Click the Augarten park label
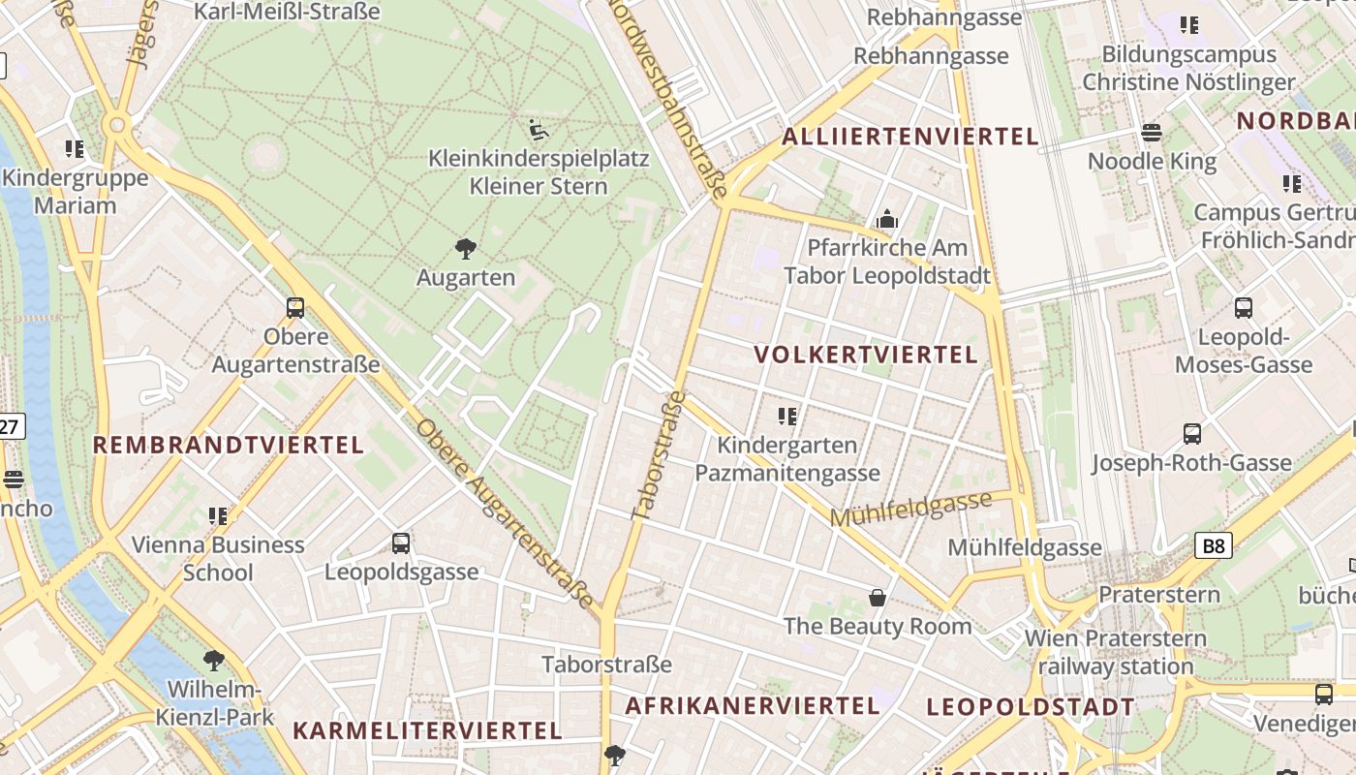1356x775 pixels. (x=465, y=278)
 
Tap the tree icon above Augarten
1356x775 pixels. (x=465, y=249)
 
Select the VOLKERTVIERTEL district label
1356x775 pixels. (x=866, y=355)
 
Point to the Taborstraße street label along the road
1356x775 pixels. (x=658, y=455)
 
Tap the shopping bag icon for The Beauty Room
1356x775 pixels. (x=878, y=598)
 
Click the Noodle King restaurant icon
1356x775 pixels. (x=1152, y=133)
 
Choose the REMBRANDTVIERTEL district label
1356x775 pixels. (x=228, y=446)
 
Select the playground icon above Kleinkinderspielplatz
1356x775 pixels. (x=539, y=130)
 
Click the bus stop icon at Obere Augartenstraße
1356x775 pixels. (x=295, y=308)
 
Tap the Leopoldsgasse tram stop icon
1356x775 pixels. (x=401, y=543)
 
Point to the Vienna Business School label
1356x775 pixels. (x=218, y=558)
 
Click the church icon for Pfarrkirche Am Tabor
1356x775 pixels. (x=886, y=220)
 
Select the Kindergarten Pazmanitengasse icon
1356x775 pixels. (x=787, y=417)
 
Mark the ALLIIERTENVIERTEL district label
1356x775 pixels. (x=909, y=137)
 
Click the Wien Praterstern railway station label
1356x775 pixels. (x=1116, y=653)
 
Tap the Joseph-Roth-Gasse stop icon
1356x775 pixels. (x=1192, y=434)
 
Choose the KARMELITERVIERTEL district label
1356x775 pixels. (x=427, y=730)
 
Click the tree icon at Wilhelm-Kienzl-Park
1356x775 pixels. (x=214, y=661)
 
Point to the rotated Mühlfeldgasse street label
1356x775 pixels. (x=910, y=509)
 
